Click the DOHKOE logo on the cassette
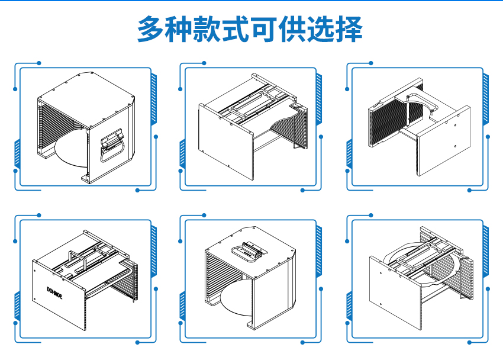coord(58,291)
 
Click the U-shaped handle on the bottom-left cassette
coord(77,263)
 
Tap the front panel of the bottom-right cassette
coord(394,296)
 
